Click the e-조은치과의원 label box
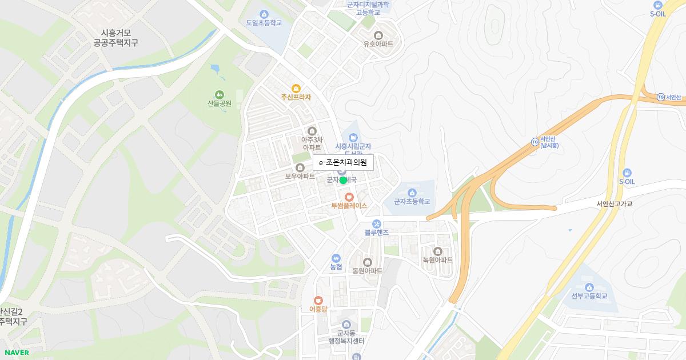coord(343,163)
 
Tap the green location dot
coord(343,180)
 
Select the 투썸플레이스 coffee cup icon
coord(349,197)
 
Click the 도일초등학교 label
coord(264,23)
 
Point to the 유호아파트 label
coord(378,44)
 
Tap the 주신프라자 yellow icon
coord(296,88)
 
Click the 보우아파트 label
coord(300,176)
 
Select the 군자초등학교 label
coord(412,202)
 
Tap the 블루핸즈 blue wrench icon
coord(376,223)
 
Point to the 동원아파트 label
coord(368,270)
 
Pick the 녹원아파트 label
coord(438,260)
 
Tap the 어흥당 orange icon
coord(318,300)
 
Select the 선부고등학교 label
coord(589,295)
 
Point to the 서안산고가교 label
coord(615,204)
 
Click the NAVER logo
coord(16,352)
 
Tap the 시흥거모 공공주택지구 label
coord(115,38)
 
